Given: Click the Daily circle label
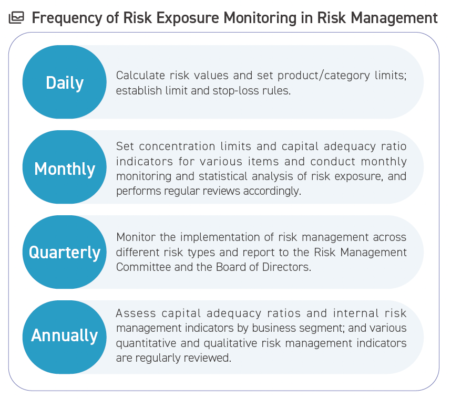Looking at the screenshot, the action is (65, 83).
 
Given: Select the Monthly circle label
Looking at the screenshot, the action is (65, 169).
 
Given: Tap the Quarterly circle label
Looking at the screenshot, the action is (65, 253).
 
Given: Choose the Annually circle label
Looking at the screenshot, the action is (65, 335).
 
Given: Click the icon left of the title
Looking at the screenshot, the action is (16, 18).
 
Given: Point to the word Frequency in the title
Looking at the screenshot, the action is (67, 18).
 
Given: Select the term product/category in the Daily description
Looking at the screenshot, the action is (324, 76).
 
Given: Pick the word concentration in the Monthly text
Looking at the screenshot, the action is (177, 146).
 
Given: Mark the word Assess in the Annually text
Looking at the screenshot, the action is (136, 313).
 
